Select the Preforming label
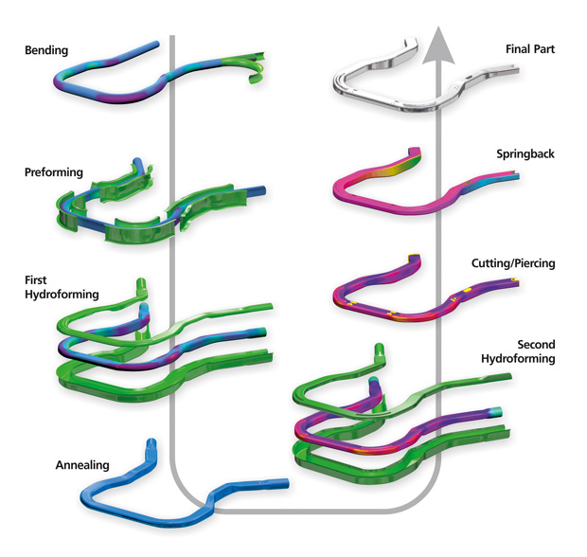tap(55, 172)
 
